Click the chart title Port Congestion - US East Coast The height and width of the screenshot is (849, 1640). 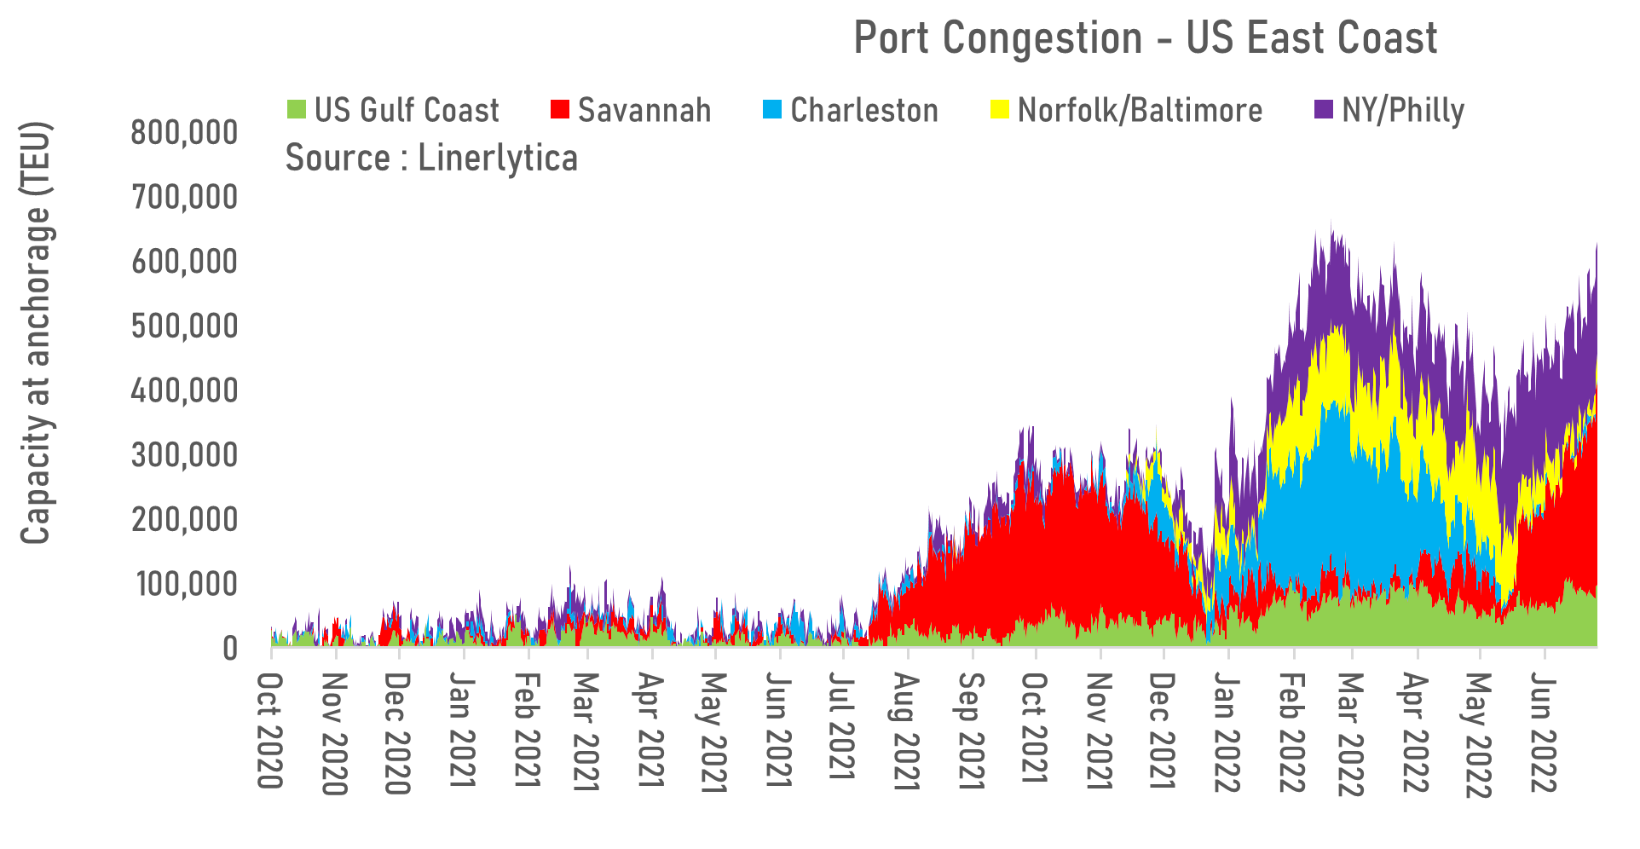coord(1145,39)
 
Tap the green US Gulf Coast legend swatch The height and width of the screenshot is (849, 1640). coord(296,110)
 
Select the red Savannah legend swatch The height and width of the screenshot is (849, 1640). coord(559,110)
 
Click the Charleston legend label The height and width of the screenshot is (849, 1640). coord(863,111)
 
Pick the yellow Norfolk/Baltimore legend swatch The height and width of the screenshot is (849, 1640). coord(999,110)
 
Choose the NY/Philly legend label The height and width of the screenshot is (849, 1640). coord(1402,111)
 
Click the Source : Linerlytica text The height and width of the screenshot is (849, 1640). coord(431,159)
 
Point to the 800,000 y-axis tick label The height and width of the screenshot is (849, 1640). coord(184,133)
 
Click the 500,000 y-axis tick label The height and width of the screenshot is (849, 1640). coord(184,326)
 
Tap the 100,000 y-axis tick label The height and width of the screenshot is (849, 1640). coord(187,585)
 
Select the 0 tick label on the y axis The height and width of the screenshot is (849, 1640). coord(229,649)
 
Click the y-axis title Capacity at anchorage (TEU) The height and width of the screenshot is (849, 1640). coord(36,332)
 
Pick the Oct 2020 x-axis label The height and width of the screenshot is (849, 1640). coord(270,731)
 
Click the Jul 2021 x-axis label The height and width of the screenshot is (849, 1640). coord(842,725)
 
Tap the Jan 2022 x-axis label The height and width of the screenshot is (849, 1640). coord(1227,732)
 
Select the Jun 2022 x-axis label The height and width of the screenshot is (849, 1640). coord(1544,732)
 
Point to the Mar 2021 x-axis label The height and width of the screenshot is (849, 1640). coord(586,732)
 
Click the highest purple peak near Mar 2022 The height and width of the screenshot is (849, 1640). coord(1331,223)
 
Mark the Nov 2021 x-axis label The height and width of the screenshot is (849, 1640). coord(1100,732)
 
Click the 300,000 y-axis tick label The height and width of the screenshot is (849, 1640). coord(184,456)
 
